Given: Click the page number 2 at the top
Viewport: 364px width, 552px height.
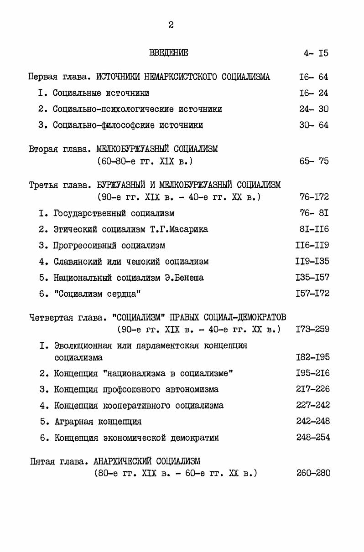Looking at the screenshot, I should click(x=171, y=25).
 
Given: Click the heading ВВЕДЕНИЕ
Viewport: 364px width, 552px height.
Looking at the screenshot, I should click(x=168, y=53).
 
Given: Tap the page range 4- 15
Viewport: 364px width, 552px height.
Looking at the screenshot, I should click(x=316, y=53).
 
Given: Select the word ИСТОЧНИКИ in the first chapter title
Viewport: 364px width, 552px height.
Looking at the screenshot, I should click(x=119, y=77).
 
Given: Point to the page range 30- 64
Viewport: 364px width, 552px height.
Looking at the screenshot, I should click(x=313, y=125).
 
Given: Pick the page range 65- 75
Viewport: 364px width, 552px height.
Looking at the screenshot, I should click(x=313, y=161).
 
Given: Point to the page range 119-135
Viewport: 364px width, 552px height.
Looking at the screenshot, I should click(x=312, y=262).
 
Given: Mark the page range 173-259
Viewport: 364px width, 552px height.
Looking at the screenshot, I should click(x=312, y=329).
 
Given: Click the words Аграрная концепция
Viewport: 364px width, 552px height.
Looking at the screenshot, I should click(x=98, y=422).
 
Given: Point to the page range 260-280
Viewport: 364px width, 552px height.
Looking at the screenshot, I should click(x=313, y=473).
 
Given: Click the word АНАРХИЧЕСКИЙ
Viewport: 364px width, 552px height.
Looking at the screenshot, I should click(x=120, y=461).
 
